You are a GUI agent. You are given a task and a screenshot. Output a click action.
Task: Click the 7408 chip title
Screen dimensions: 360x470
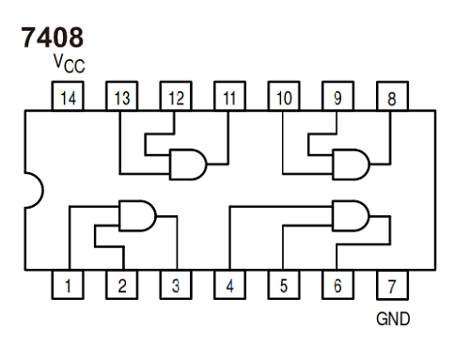pos(51,37)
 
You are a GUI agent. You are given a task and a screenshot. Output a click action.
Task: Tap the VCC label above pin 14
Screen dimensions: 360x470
pos(70,64)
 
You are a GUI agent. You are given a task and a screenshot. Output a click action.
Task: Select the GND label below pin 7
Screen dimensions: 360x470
pos(392,319)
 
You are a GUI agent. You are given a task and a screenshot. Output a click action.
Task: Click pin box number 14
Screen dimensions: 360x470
pos(67,96)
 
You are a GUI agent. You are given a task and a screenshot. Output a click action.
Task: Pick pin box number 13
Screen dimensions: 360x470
pos(121,96)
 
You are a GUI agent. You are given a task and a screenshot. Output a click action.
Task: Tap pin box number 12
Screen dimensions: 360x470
pos(176,96)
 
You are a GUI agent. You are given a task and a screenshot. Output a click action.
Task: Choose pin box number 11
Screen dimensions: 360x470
pos(229,96)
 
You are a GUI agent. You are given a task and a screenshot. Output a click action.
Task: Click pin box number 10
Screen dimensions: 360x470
pos(284,96)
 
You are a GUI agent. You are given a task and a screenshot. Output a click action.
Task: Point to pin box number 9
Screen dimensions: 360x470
pos(337,96)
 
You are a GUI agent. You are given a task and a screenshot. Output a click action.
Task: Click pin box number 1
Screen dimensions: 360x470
pos(67,285)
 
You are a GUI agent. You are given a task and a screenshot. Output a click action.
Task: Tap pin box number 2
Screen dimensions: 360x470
pos(121,285)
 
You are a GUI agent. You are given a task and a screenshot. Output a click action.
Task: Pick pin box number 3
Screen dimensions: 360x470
pos(176,285)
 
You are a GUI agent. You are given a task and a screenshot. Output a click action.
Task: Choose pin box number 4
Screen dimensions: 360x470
pos(229,285)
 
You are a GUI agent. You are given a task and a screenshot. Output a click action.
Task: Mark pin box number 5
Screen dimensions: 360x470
pos(284,285)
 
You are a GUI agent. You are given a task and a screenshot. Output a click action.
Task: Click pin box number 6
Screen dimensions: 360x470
pos(337,285)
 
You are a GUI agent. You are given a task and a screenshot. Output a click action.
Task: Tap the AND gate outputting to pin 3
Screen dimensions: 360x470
pos(137,216)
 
